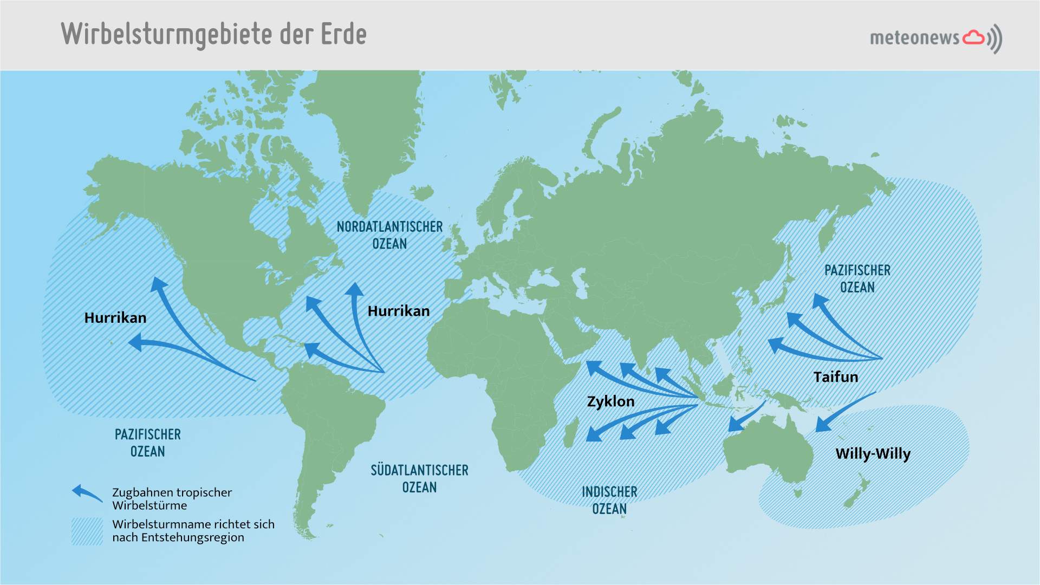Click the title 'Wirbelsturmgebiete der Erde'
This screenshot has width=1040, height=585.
(x=213, y=34)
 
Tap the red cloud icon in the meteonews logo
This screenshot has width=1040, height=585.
(x=973, y=37)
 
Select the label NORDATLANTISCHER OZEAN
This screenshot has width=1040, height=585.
(x=389, y=235)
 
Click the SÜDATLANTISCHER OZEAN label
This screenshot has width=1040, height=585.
(x=419, y=478)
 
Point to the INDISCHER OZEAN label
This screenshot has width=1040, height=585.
(x=609, y=500)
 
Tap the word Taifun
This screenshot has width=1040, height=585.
(x=835, y=377)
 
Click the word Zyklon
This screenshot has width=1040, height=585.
(x=610, y=401)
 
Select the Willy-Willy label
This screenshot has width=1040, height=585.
(x=873, y=454)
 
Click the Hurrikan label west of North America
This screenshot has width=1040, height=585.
(x=115, y=318)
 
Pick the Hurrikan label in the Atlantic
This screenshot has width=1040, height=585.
(x=398, y=311)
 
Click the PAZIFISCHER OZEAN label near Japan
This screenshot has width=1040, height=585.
(x=857, y=278)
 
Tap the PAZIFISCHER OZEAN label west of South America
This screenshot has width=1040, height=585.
(x=147, y=443)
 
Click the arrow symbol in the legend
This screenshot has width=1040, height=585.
(x=87, y=493)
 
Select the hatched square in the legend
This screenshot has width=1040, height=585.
(x=87, y=531)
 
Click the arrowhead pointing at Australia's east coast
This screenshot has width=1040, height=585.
(x=822, y=425)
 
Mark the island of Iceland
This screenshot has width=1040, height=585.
(x=422, y=192)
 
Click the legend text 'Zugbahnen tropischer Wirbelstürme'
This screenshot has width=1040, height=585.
(x=172, y=499)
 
